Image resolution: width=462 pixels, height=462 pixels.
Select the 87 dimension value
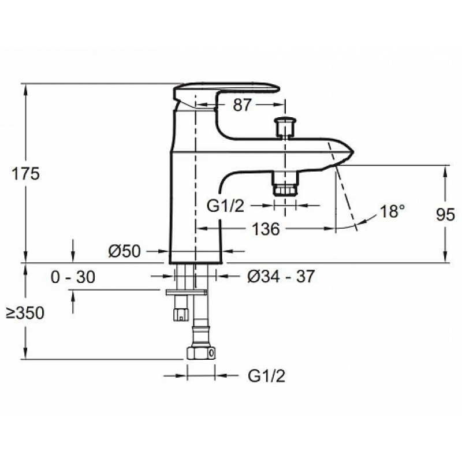243,105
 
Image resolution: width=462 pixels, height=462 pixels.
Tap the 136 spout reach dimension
266,229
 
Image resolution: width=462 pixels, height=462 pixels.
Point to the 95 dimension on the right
445,214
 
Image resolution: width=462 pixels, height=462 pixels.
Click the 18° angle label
393,211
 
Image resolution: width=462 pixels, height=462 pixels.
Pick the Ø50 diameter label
125,251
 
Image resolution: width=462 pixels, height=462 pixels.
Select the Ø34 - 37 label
281,277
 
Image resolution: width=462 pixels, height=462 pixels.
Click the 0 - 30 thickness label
73,277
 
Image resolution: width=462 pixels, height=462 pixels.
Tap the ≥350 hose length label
25,312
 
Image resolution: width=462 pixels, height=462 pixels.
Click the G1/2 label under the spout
226,206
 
